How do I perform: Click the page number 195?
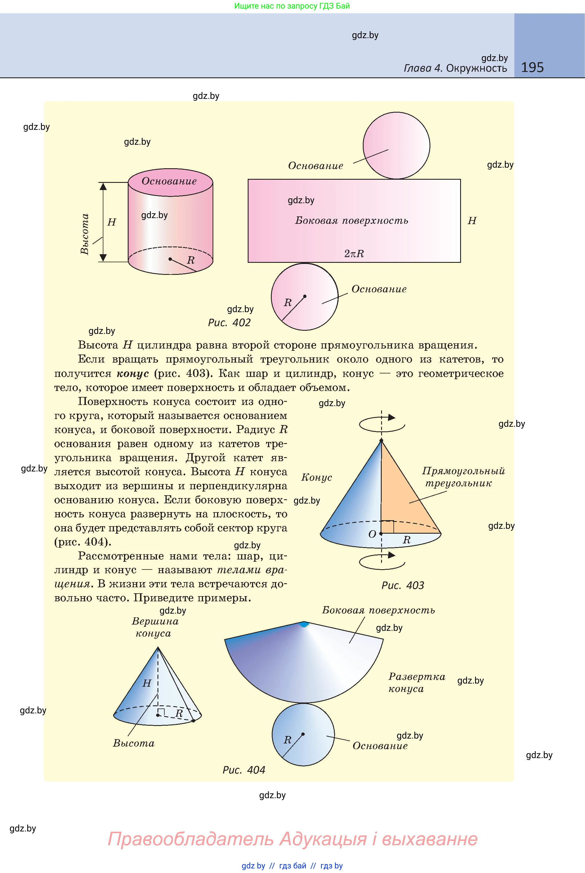[532, 67]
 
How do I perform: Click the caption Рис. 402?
[229, 323]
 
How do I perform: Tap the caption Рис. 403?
[403, 585]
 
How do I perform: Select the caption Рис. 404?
[244, 770]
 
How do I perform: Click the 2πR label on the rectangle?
[354, 254]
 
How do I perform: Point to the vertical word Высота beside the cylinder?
[85, 234]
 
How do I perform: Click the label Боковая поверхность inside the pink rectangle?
[351, 221]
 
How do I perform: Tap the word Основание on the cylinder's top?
[169, 181]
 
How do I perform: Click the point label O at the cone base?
[372, 534]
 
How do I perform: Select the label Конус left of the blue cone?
[316, 477]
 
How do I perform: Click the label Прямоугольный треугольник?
[463, 477]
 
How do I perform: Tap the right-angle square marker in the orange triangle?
[388, 526]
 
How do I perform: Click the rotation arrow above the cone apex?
[382, 422]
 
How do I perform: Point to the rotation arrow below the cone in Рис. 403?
[382, 560]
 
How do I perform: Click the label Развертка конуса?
[416, 683]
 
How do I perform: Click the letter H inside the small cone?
[147, 683]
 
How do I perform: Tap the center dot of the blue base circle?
[303, 734]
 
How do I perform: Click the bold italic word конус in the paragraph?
[133, 373]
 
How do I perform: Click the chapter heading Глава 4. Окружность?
[455, 68]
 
